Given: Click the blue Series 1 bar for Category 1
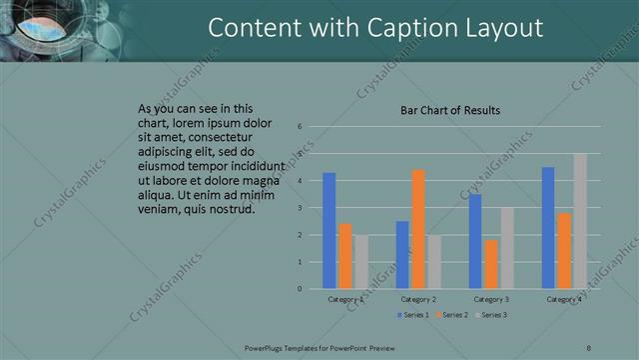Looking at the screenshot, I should pyautogui.click(x=329, y=231).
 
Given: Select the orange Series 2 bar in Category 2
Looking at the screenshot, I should pyautogui.click(x=417, y=229).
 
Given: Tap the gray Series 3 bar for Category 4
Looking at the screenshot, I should pyautogui.click(x=580, y=221).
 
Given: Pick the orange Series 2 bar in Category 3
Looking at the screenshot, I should pyautogui.click(x=490, y=264).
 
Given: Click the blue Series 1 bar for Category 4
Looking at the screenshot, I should pyautogui.click(x=548, y=228).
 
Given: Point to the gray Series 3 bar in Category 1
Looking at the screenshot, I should pyautogui.click(x=361, y=262).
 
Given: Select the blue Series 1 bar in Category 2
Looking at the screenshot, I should pyautogui.click(x=402, y=255).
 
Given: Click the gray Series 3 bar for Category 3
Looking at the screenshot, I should pyautogui.click(x=507, y=248).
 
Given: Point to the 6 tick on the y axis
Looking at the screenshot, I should pyautogui.click(x=300, y=127).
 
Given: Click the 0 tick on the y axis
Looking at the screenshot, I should pyautogui.click(x=300, y=289).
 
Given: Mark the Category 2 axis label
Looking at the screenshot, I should pyautogui.click(x=418, y=299).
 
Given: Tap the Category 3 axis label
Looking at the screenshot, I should pyautogui.click(x=491, y=299).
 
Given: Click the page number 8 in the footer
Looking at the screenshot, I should pyautogui.click(x=589, y=348).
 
